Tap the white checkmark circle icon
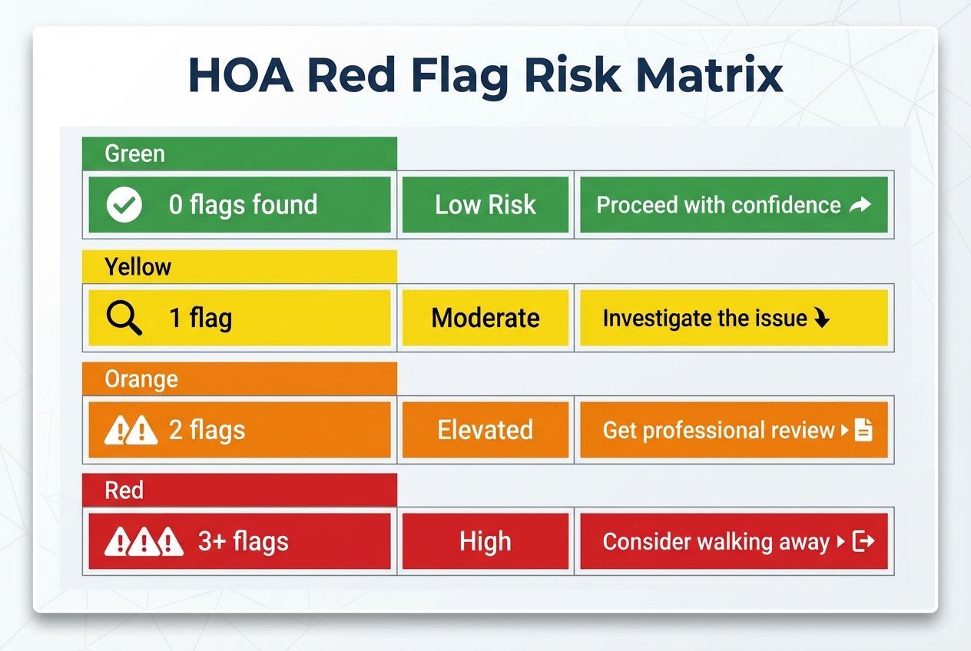124,205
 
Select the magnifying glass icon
124,317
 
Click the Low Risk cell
485,205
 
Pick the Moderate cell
485,318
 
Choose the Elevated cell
485,430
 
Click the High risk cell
485,542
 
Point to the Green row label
135,154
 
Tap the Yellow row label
138,266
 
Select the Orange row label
141,379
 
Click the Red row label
124,491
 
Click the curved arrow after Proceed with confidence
860,205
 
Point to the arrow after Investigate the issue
822,319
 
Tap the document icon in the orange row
863,430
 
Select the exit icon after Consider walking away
864,542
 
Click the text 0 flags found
243,205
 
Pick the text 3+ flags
244,542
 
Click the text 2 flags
207,430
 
